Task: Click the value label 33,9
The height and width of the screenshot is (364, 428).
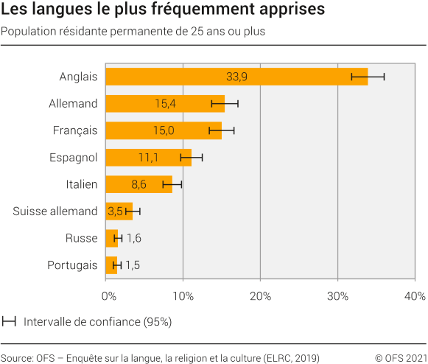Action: coord(236,77)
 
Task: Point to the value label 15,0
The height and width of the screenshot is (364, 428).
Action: coord(164,130)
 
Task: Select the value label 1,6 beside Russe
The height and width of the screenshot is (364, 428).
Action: coord(134,238)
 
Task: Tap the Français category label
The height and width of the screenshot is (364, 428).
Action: coord(75,130)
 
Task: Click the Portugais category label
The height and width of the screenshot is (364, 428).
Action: coord(72,265)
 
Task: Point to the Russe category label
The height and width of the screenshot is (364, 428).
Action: coord(81,238)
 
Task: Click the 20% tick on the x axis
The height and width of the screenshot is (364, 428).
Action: coord(260,295)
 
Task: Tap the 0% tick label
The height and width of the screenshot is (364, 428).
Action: coord(108,295)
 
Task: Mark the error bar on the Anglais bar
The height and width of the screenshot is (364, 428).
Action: coord(368,77)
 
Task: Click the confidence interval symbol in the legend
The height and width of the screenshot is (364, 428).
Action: coord(10,321)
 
